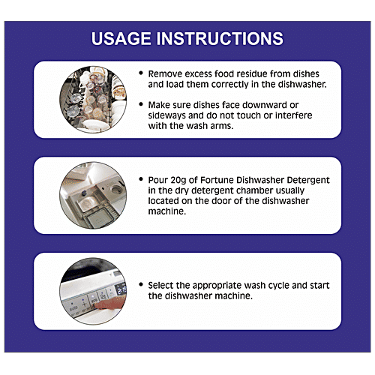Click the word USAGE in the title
121,38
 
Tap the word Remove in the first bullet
165,74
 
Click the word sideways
166,115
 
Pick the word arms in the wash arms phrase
222,126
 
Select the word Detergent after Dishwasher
308,180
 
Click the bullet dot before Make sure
141,104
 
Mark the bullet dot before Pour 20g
141,179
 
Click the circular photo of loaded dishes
93,100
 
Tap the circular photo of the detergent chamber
93,195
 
